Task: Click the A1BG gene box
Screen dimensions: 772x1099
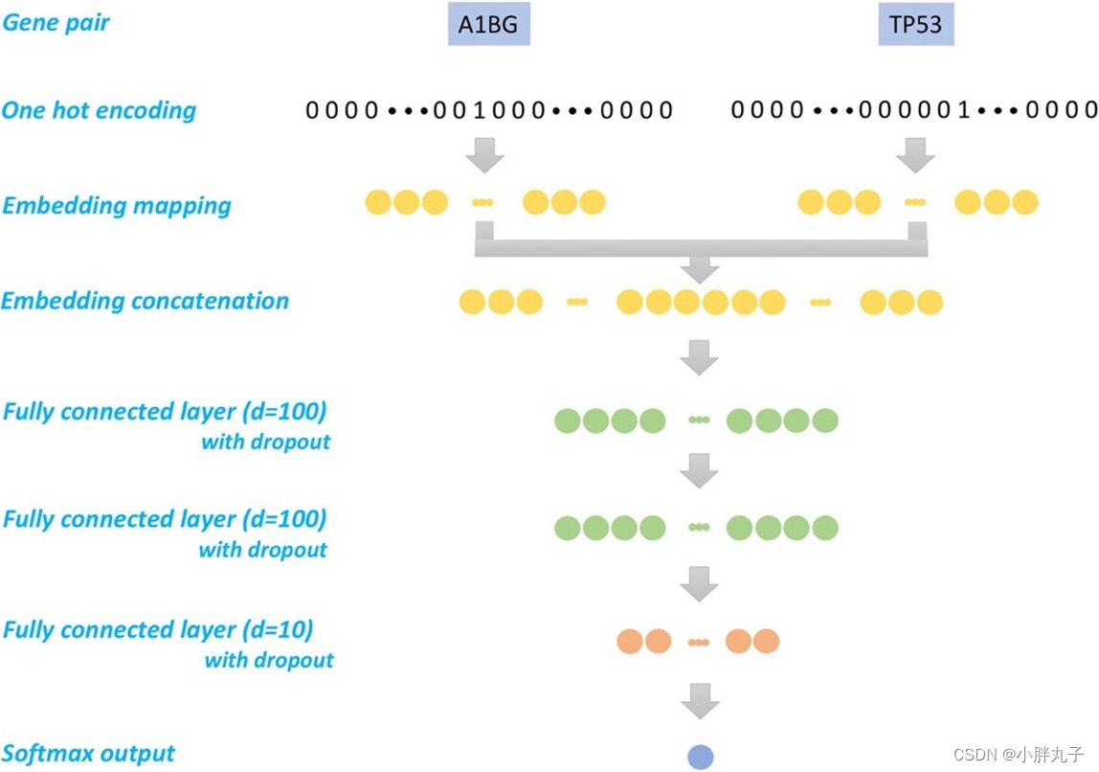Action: (x=488, y=26)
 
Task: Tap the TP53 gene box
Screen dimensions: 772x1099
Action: (x=916, y=26)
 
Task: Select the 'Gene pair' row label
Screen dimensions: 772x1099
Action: (x=56, y=22)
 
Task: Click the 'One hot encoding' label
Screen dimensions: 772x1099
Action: (x=99, y=110)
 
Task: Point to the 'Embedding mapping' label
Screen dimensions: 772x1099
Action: (x=116, y=205)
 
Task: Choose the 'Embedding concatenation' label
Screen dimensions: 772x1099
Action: (x=145, y=301)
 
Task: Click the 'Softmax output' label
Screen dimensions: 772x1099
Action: (x=88, y=753)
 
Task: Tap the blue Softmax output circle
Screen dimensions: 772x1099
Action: (x=701, y=756)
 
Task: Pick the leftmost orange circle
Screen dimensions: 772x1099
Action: (x=631, y=641)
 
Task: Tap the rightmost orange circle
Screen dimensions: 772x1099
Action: (x=766, y=641)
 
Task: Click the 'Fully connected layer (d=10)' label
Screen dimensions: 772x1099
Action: (x=158, y=630)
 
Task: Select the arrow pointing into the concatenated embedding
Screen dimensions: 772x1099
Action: (x=700, y=268)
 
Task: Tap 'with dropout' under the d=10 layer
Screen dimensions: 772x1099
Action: (x=269, y=660)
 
